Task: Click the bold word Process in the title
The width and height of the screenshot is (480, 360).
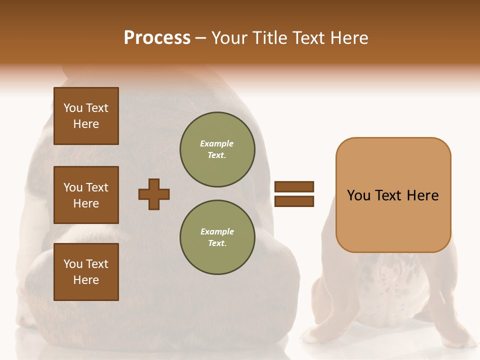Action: point(157,38)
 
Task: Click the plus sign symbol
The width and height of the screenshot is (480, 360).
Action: point(154,194)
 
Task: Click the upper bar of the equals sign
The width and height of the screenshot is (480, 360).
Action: point(294,187)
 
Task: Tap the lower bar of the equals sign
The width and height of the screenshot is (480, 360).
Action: point(294,201)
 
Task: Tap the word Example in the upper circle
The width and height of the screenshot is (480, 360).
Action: point(216,143)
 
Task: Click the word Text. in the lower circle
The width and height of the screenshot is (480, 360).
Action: point(216,243)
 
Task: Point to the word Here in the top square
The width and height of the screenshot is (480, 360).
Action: point(86,124)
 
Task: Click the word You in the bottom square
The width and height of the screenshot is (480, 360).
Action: point(73,264)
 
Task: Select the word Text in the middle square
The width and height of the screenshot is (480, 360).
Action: point(96,187)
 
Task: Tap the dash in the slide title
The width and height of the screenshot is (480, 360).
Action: point(201,38)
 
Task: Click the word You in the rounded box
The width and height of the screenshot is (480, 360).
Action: point(358,195)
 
